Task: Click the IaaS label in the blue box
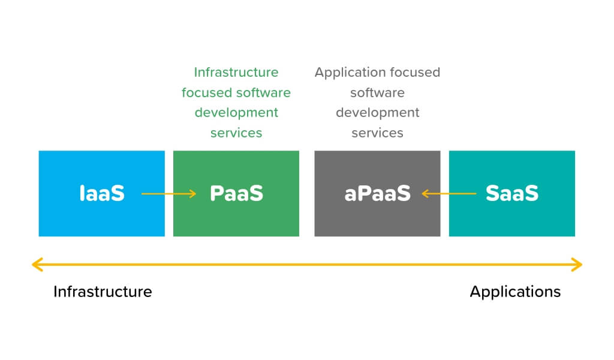[102, 193]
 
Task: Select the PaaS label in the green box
[236, 193]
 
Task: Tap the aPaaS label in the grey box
[377, 193]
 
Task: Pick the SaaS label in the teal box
[511, 193]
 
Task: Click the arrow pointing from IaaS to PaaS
[168, 193]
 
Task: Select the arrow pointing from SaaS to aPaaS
[449, 193]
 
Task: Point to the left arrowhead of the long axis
[36, 264]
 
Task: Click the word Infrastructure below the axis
[103, 292]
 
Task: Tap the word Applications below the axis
[515, 292]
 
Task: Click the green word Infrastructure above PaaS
[236, 72]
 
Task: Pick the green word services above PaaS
[236, 133]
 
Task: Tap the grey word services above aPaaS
[377, 133]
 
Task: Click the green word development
[236, 112]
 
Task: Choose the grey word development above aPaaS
[377, 112]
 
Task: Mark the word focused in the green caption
[207, 92]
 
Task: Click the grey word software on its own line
[377, 92]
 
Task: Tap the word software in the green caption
[263, 92]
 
